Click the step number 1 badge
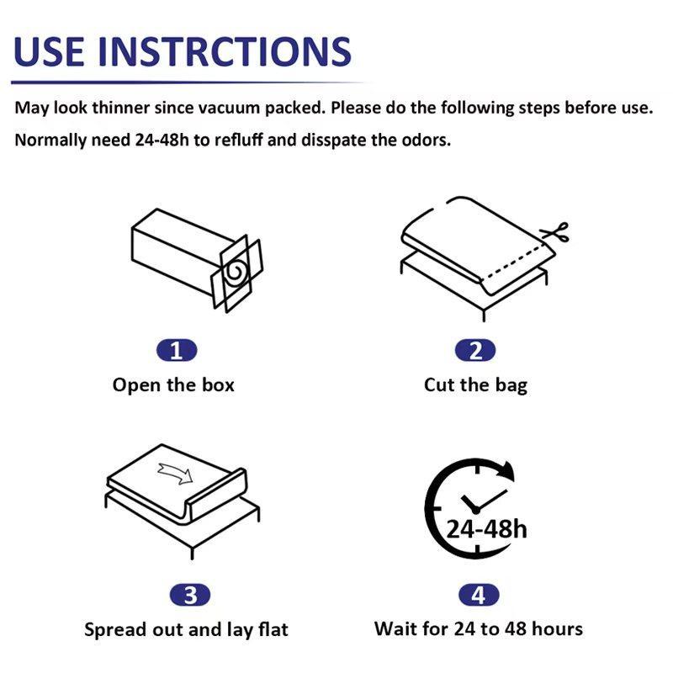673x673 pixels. pos(176,351)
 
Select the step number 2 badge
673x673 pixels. pos(475,351)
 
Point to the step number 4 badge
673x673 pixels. pos(478,596)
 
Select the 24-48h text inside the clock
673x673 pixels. pos(486,528)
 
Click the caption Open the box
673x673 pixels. pos(173,385)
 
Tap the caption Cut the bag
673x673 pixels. pos(475,385)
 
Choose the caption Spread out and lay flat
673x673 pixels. pos(186,629)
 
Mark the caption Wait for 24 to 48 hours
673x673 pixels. pos(478,628)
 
